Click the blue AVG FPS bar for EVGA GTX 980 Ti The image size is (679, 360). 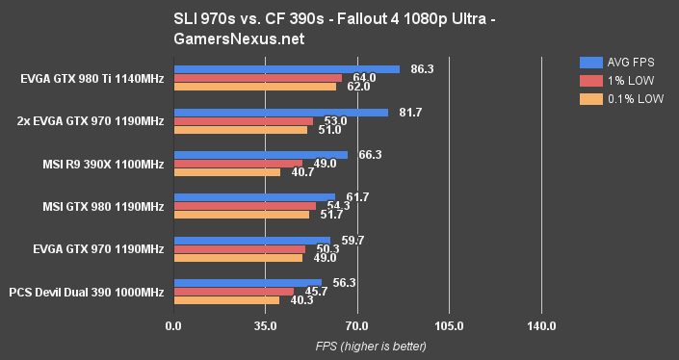tap(286, 69)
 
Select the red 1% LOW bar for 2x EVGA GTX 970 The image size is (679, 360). tap(243, 121)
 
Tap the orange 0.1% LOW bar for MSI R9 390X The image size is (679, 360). tap(226, 172)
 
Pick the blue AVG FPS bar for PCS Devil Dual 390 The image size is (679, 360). tap(248, 283)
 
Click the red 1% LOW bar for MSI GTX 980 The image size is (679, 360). tap(245, 206)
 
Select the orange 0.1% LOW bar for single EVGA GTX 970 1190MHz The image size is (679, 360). tap(238, 258)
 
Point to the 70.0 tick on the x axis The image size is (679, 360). tap(357, 326)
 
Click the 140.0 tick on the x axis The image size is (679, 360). tap(541, 326)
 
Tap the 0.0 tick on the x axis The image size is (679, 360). tap(173, 326)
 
